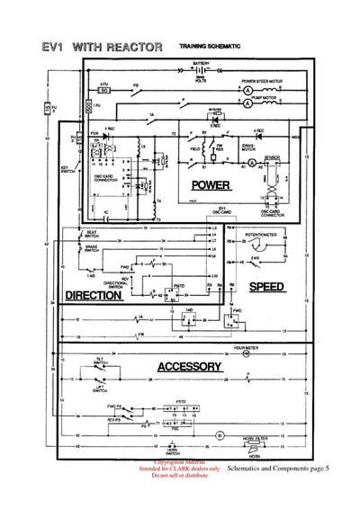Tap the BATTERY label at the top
[201, 64]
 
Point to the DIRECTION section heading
[94, 295]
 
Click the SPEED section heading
[266, 288]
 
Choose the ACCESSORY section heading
[189, 367]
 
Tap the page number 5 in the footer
[327, 469]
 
